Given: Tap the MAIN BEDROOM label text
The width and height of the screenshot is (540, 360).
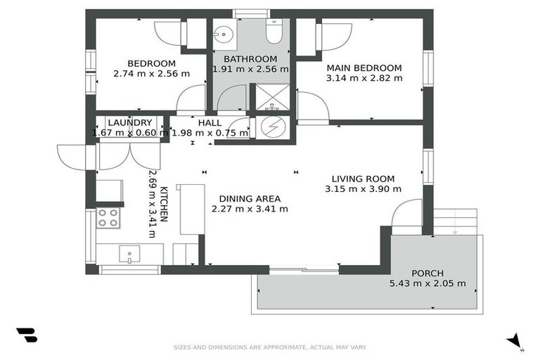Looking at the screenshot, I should (x=364, y=68).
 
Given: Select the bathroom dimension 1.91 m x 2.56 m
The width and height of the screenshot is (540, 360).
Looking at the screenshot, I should (x=250, y=69).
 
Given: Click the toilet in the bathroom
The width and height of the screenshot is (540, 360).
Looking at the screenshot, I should (x=274, y=32).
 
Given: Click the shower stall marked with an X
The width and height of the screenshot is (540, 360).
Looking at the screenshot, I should (x=272, y=98).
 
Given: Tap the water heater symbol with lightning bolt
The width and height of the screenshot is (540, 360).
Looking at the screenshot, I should (x=271, y=127).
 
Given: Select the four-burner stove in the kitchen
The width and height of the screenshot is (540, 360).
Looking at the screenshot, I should (x=108, y=218).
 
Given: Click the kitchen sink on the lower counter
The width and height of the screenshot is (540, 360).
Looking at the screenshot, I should (x=129, y=255).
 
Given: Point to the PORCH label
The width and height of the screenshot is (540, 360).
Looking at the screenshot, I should (x=427, y=274).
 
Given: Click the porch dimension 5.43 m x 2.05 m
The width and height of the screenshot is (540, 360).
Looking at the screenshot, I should (x=427, y=284).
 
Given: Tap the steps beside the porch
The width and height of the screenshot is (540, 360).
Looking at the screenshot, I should (x=455, y=221).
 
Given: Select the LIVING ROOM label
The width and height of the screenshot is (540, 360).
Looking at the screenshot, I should (x=364, y=179).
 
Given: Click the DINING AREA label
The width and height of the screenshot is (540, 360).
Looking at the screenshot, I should (x=250, y=198).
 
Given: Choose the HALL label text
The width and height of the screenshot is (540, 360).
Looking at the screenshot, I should (x=210, y=123).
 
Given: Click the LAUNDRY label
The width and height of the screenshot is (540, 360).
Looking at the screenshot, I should (x=130, y=123).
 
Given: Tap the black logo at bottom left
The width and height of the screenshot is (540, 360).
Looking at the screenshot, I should (x=26, y=335).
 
